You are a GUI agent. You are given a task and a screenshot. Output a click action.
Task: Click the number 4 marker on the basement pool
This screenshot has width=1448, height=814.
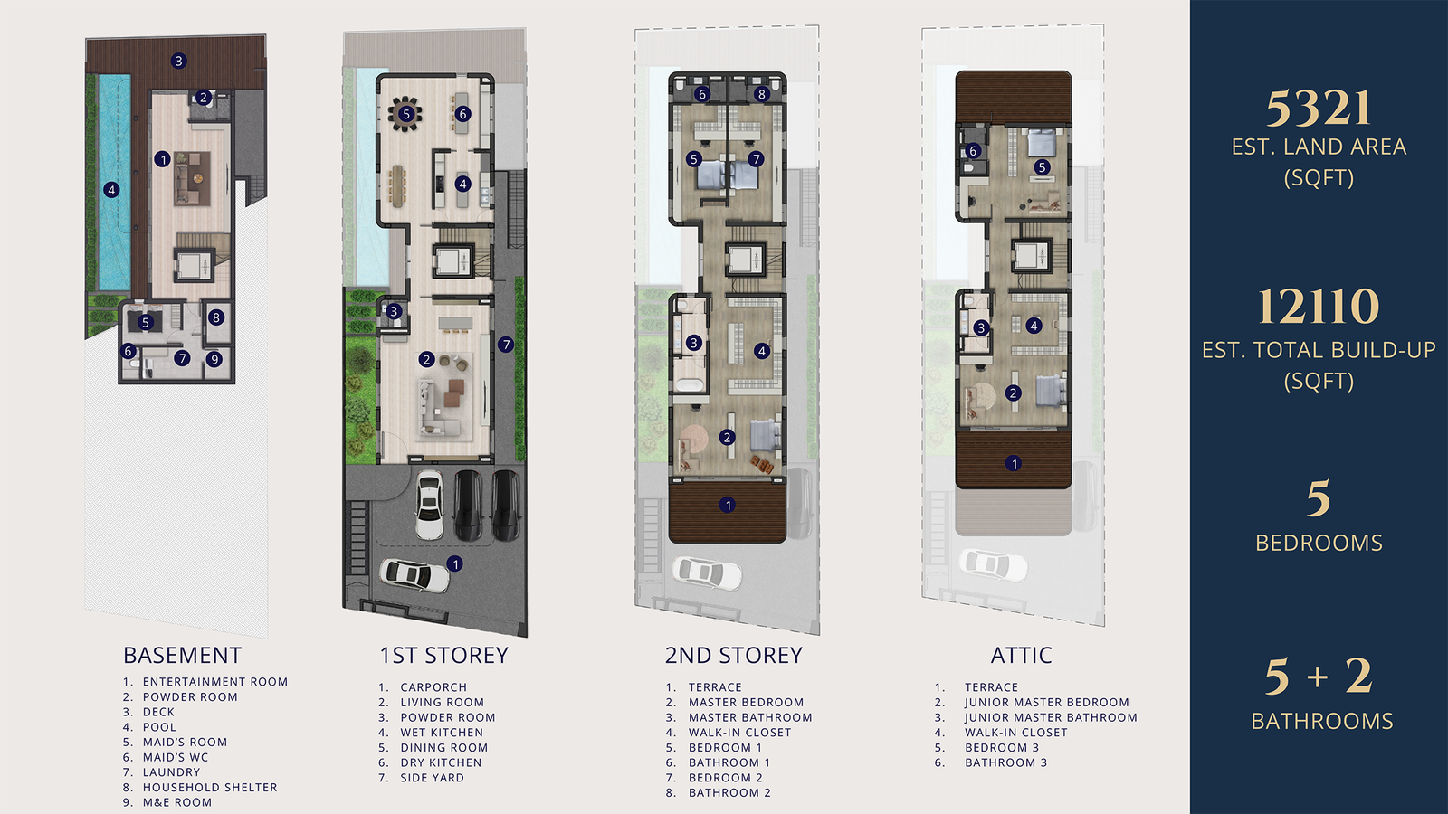point(112,190)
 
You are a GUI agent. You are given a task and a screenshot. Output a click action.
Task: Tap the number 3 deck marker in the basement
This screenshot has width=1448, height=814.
point(179,61)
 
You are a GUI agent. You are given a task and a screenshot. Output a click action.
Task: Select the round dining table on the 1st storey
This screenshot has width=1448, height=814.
point(405,114)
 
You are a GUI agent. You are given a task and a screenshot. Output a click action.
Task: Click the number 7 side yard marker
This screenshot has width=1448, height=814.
point(506,345)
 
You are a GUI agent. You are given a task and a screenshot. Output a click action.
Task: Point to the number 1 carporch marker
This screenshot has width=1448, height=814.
point(455,564)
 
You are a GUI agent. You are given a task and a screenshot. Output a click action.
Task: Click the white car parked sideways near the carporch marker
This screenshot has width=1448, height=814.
point(414,575)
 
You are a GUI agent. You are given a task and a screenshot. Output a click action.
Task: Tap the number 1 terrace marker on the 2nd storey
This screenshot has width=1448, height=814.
point(728,505)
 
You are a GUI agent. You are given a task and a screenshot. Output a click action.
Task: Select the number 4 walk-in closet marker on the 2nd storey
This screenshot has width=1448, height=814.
point(762,351)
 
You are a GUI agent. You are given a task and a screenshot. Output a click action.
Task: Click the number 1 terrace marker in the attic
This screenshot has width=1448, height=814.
point(1014,463)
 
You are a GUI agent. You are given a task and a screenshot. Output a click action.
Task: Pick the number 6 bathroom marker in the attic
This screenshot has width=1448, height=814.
point(974,151)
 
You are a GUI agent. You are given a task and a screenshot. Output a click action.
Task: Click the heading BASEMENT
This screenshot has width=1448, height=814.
point(182,655)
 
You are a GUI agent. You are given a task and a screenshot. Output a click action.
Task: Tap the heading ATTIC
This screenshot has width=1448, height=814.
point(1022,655)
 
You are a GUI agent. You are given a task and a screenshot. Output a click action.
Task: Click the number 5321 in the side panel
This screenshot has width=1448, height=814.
point(1318,108)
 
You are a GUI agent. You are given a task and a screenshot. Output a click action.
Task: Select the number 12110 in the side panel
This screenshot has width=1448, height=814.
point(1318,307)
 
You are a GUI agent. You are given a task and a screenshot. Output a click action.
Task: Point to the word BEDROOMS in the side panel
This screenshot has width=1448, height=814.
point(1319,543)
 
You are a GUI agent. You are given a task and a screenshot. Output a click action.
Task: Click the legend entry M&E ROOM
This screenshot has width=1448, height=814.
point(177,802)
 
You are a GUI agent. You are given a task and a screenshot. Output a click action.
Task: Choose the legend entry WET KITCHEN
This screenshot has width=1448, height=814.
point(442,733)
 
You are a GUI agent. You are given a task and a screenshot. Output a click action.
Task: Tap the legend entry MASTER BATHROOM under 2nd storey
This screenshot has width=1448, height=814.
point(750,718)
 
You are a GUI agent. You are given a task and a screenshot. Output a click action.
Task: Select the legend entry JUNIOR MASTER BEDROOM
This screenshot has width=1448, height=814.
point(1046,702)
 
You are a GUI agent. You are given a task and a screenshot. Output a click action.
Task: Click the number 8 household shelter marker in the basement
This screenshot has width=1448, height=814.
point(216,317)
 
